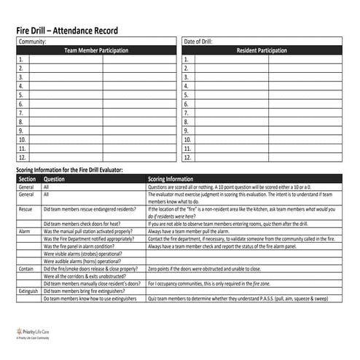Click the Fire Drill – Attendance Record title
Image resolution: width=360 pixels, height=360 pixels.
tap(67, 31)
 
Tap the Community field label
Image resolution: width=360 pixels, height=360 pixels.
tap(32, 42)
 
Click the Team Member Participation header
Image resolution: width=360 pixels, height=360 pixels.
tap(96, 50)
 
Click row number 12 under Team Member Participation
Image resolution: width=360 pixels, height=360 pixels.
tap(22, 157)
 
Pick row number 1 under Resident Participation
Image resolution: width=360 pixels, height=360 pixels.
tap(189, 60)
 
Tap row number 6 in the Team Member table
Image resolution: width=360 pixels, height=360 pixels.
tap(22, 104)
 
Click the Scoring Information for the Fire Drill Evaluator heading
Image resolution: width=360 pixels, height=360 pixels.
tap(70, 170)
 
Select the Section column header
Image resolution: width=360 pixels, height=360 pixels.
tap(27, 179)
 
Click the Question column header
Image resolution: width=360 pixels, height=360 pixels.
tap(55, 179)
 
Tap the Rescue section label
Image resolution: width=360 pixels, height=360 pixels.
tap(26, 208)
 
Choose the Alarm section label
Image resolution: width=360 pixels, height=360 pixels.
tap(25, 231)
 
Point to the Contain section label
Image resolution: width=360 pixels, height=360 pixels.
tap(26, 268)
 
